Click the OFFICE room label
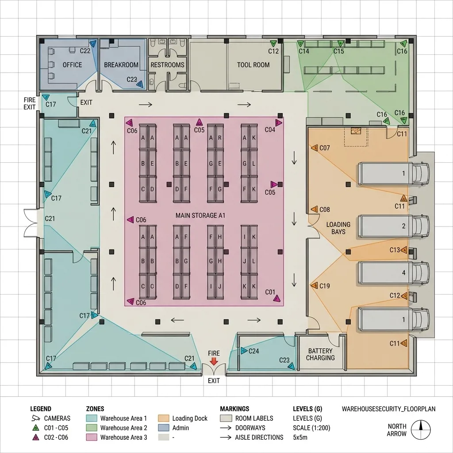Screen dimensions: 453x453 pyautogui.click(x=72, y=65)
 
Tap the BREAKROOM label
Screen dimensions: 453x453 pyautogui.click(x=121, y=65)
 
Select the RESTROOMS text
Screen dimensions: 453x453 pyautogui.click(x=167, y=65)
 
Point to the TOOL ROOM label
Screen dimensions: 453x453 pyautogui.click(x=253, y=65)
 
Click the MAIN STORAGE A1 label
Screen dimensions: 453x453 pyautogui.click(x=200, y=215)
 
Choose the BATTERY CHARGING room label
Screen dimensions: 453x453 pyautogui.click(x=320, y=354)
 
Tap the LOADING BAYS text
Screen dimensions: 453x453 pyautogui.click(x=338, y=228)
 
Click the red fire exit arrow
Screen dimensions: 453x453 pyautogui.click(x=214, y=361)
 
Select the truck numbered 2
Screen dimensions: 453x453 pyautogui.click(x=393, y=226)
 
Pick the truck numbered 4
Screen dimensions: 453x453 pyautogui.click(x=393, y=273)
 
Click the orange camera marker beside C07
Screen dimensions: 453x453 pyautogui.click(x=315, y=148)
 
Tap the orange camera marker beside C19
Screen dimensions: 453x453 pyautogui.click(x=315, y=285)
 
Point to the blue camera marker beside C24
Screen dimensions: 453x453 pyautogui.click(x=244, y=351)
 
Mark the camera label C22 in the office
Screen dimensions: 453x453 pyautogui.click(x=85, y=51)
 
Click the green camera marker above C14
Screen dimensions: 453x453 pyautogui.click(x=300, y=44)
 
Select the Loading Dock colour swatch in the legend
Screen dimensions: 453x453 pyautogui.click(x=164, y=418)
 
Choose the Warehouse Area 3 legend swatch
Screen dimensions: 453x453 pyautogui.click(x=92, y=437)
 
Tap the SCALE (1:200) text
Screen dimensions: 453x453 pyautogui.click(x=311, y=428)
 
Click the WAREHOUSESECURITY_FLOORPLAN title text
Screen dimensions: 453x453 pyautogui.click(x=388, y=409)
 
